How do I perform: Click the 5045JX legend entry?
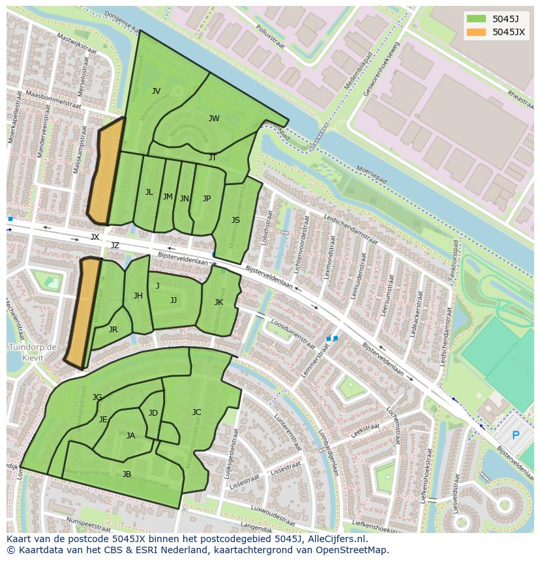(508, 32)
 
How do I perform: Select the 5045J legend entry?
(505, 18)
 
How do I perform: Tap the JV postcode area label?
(156, 91)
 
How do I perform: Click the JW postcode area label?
(214, 119)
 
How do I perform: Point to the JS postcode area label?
(235, 220)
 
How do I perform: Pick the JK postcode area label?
(218, 302)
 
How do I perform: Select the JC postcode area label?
(196, 412)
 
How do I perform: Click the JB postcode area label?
(127, 474)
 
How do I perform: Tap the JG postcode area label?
(97, 397)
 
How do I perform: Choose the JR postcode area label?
(113, 330)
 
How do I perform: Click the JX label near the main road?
(95, 237)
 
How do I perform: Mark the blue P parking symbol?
(515, 435)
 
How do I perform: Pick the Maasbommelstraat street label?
(53, 102)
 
